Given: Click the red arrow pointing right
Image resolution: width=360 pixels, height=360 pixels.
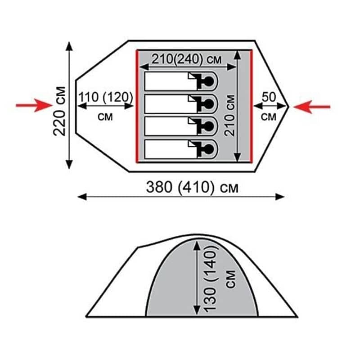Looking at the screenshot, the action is (34, 105).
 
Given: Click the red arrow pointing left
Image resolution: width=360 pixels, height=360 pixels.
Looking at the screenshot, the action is (312, 107).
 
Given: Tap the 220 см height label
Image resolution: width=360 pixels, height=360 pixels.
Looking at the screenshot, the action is (59, 111).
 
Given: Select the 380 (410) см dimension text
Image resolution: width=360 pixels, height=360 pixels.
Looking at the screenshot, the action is (192, 187).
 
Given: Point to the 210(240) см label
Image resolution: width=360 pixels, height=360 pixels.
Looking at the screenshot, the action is (187, 59).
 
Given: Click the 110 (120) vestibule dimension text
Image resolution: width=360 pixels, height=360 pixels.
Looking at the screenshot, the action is (106, 97).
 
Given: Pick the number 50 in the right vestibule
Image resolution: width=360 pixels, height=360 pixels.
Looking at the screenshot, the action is (269, 97).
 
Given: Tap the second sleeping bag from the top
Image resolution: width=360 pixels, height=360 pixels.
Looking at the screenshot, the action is (181, 104).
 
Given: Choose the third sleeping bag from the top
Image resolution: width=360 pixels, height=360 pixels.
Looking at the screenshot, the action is (181, 126).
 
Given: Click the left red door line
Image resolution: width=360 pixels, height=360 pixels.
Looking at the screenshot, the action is (137, 106).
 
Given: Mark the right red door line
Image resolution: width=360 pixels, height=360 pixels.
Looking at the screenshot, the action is (252, 106).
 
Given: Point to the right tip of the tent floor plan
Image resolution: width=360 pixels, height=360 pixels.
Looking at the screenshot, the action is (288, 107).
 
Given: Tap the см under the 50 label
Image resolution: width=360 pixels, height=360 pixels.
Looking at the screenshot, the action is (269, 117).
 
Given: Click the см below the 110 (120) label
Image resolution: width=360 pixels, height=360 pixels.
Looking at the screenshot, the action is (105, 117).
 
